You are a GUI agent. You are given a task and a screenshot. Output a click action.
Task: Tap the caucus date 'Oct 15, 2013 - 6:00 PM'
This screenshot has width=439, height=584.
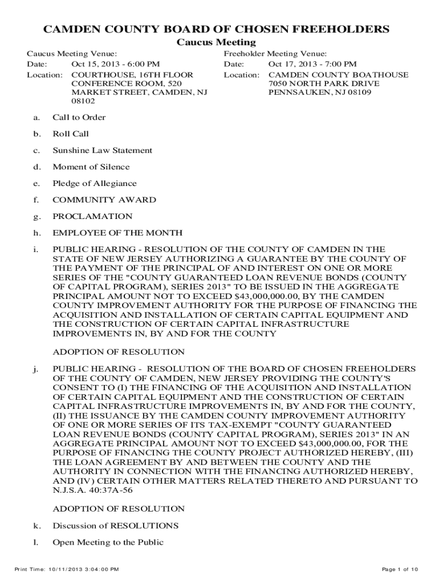(x=115, y=64)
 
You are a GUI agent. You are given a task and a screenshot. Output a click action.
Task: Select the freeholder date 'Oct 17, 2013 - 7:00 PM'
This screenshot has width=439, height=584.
(x=312, y=64)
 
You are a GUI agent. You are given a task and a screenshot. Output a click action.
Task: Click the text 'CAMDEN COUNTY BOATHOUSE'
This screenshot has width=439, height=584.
(x=338, y=75)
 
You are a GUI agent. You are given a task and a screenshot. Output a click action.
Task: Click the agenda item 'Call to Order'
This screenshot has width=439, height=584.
(x=79, y=117)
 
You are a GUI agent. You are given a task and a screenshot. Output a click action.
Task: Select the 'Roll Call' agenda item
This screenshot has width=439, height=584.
(x=71, y=134)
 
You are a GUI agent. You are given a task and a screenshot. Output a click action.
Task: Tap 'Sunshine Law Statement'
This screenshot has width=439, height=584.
(x=102, y=151)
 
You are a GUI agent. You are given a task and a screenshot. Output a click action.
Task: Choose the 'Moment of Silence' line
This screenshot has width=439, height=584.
(x=91, y=167)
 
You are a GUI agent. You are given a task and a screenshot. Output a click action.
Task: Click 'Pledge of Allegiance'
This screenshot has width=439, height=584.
(x=95, y=184)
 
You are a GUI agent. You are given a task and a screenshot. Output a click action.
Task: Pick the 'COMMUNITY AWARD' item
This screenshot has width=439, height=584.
(x=104, y=200)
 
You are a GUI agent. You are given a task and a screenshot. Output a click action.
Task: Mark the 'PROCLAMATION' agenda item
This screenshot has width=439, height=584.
(x=92, y=217)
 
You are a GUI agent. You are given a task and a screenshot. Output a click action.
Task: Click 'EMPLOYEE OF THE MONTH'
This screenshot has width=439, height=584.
(x=117, y=233)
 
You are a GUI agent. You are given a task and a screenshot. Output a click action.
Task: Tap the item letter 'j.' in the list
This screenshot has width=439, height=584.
(x=35, y=369)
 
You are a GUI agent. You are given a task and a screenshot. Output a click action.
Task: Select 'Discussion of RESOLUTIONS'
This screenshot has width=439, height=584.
(x=115, y=525)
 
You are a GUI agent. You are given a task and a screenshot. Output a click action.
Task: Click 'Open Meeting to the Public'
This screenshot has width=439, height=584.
(x=108, y=542)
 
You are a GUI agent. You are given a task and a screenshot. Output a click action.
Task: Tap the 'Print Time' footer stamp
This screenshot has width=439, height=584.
(x=67, y=569)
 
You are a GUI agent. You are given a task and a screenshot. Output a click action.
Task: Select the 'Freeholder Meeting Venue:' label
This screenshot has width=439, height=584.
(x=275, y=54)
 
